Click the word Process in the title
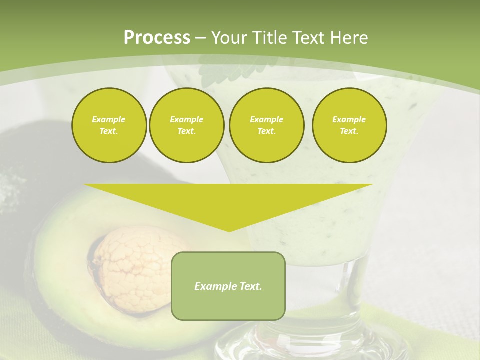[x=157, y=38]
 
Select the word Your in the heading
[x=228, y=38]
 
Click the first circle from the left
[x=109, y=125]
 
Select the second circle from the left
[x=186, y=125]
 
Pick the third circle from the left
[x=266, y=125]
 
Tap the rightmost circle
[x=349, y=125]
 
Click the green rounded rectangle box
[x=228, y=305]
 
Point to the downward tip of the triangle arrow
[x=229, y=230]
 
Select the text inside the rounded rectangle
[x=228, y=286]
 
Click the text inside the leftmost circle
[x=109, y=125]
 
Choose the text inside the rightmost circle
[x=349, y=125]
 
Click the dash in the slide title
[x=201, y=38]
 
